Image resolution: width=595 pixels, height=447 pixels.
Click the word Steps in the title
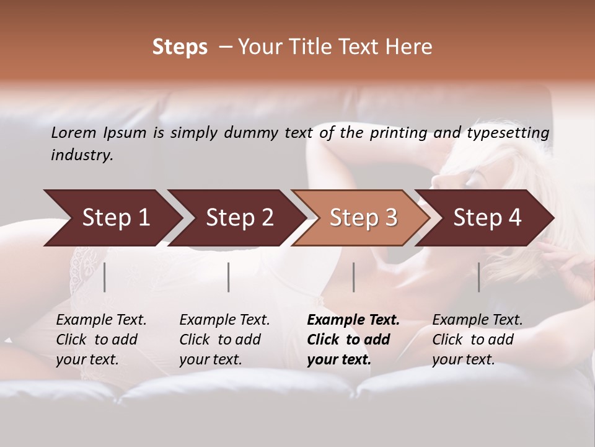(x=180, y=47)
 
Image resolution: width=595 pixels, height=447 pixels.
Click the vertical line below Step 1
(x=105, y=277)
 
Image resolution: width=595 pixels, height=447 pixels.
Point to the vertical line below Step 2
(x=229, y=277)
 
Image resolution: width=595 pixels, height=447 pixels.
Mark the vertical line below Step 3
(x=354, y=277)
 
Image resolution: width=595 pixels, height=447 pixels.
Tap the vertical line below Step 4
(x=479, y=277)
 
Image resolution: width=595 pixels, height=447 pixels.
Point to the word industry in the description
(x=81, y=155)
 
